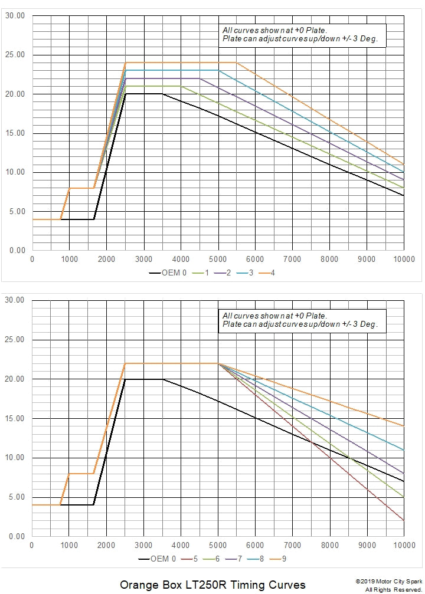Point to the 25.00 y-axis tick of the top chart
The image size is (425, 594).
(15, 55)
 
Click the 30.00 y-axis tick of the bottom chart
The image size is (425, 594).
(15, 300)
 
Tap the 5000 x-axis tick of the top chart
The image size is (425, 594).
(218, 259)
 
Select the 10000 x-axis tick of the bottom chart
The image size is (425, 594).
(404, 545)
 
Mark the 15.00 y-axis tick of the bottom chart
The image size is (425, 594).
(15, 419)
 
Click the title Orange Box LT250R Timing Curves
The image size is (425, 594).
(212, 585)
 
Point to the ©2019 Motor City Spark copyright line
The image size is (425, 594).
(389, 582)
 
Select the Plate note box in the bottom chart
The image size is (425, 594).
(302, 320)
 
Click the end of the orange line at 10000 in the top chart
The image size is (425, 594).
(404, 164)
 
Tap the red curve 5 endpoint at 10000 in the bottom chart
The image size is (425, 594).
(404, 520)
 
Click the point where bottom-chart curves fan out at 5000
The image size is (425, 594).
(218, 363)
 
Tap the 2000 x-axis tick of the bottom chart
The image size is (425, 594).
(106, 545)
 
